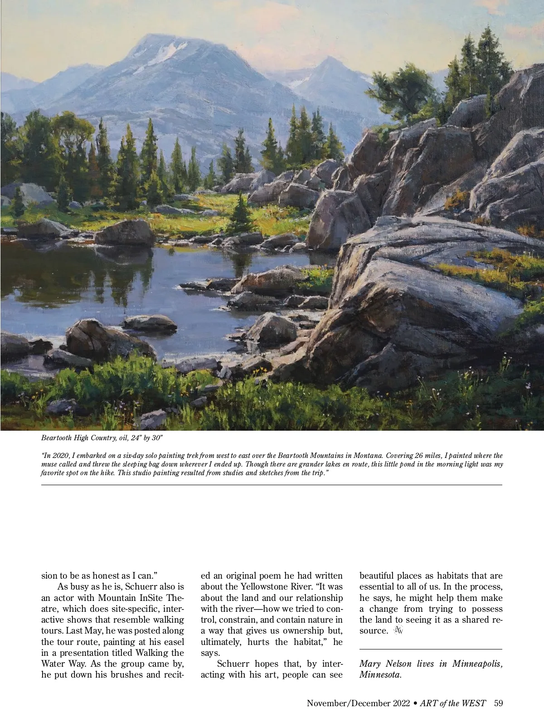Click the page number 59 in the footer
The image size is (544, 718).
coord(499,703)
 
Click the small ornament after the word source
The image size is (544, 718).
coord(399,631)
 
